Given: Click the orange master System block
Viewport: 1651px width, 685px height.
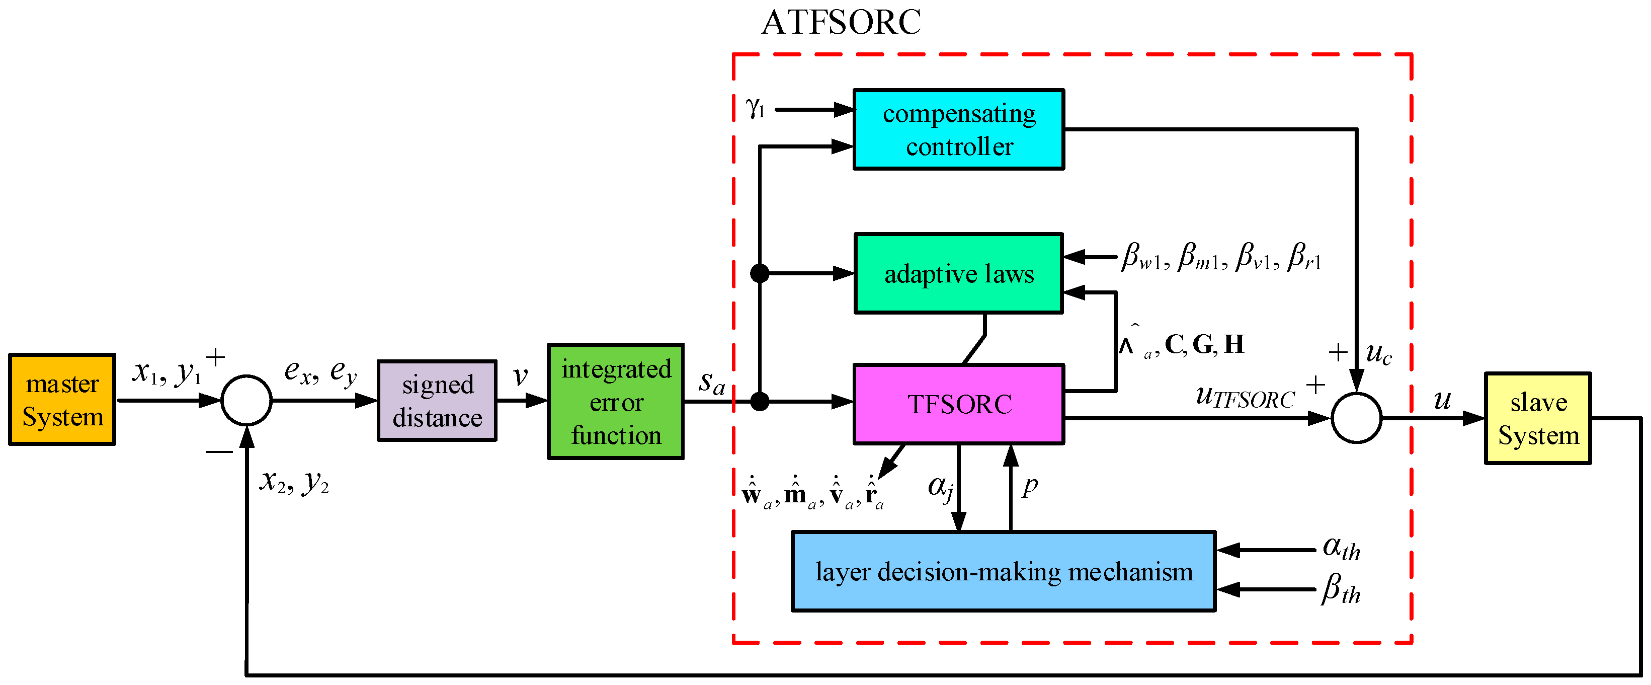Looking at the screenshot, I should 62,399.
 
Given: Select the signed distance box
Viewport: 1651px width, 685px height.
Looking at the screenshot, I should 437,401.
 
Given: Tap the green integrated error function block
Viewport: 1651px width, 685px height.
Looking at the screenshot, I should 615,402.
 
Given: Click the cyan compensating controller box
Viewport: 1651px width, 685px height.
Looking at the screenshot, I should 959,129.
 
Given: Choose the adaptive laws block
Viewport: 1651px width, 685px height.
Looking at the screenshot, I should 959,274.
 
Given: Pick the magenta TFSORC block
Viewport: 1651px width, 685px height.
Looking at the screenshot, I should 959,404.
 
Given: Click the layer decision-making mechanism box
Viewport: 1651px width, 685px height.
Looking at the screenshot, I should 1004,571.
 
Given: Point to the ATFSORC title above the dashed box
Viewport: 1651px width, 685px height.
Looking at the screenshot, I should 841,23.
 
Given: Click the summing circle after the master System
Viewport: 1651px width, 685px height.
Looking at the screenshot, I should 247,400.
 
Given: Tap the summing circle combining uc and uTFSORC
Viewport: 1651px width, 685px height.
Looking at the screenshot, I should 1356,418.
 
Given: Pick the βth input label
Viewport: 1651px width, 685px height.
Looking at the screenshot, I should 1341,589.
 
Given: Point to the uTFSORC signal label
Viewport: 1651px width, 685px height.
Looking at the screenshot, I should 1245,397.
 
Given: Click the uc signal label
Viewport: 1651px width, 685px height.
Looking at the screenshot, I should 1378,353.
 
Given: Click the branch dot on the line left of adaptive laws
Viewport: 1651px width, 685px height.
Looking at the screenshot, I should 760,274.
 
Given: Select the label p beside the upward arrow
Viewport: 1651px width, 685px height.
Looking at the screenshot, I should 1030,486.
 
